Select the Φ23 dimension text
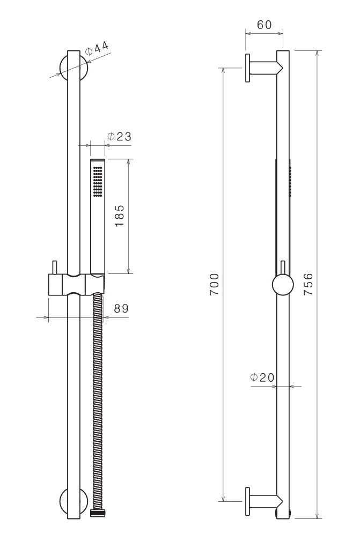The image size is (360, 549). coord(119,137)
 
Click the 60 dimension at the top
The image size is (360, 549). coord(265,25)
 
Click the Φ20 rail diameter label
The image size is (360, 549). coord(262,377)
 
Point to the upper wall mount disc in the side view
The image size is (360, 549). coord(248,68)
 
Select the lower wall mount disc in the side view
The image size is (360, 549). coord(248,502)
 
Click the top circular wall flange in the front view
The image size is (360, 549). coord(74,66)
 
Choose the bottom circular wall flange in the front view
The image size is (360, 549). coord(74,502)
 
